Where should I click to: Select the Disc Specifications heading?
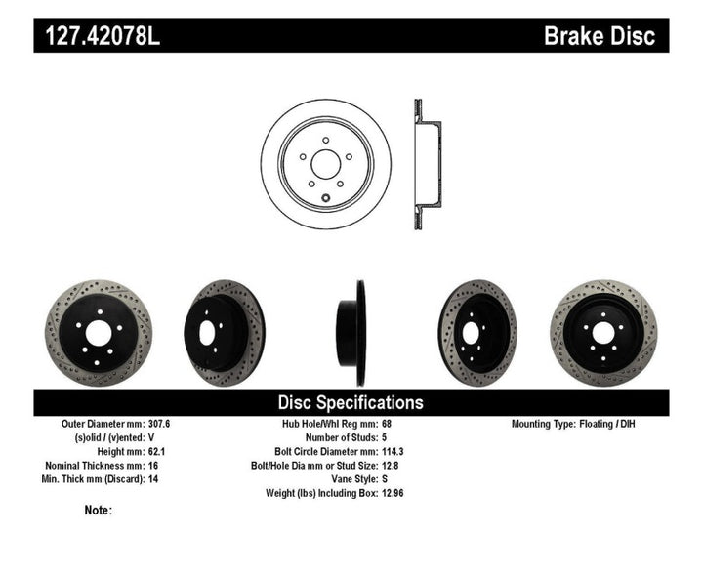[x=351, y=402]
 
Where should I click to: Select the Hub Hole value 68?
[x=386, y=425]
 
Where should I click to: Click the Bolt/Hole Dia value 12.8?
[x=391, y=466]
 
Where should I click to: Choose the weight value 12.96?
[x=393, y=493]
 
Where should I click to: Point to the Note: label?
[x=99, y=510]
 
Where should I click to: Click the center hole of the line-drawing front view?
[x=325, y=164]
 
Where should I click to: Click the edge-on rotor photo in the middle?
[x=351, y=333]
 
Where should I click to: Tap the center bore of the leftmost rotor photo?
[x=98, y=333]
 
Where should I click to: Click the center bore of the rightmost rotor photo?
[x=603, y=333]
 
